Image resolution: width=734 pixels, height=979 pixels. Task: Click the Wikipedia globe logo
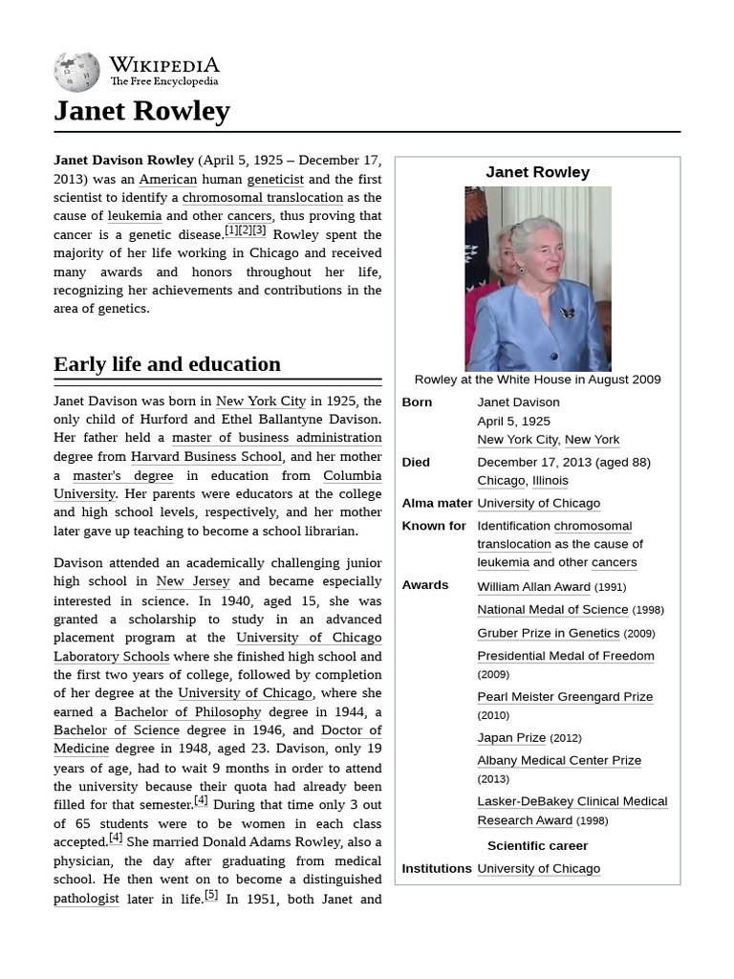pos(77,72)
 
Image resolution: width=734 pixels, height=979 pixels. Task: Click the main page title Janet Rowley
pos(141,111)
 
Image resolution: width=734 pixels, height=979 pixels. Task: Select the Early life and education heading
pos(167,364)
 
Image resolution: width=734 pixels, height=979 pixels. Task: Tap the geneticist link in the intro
pos(275,179)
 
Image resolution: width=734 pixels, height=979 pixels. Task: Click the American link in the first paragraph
pos(167,179)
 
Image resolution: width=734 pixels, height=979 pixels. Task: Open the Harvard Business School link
pos(206,456)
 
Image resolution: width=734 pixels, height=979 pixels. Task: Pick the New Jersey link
pos(193,581)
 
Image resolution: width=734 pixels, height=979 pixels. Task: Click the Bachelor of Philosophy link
pos(187,711)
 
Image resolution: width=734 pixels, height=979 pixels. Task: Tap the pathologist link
pos(86,899)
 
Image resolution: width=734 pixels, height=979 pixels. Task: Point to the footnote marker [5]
pos(210,896)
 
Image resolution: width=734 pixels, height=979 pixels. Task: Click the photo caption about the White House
pos(537,380)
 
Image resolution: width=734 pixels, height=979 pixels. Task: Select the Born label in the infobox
pos(417,402)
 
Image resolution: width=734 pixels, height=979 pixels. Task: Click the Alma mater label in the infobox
pos(437,503)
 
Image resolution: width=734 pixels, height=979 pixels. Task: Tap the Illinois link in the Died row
pos(550,481)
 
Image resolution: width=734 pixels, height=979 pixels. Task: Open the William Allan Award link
pos(533,587)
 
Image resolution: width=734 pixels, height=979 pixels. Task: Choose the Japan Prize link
pos(511,738)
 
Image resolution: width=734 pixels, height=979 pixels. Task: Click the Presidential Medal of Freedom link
pos(566,656)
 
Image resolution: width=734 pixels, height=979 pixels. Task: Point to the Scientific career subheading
pos(537,846)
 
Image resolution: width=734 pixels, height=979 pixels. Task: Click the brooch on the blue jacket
pos(568,313)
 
